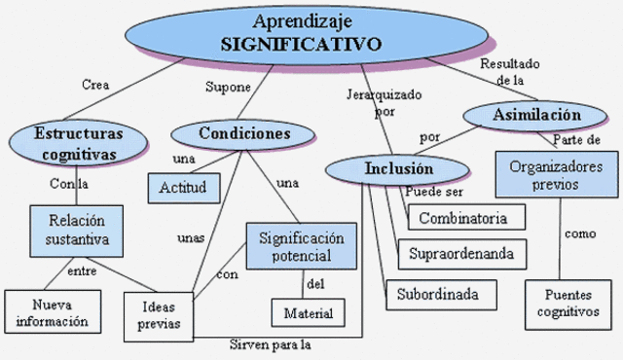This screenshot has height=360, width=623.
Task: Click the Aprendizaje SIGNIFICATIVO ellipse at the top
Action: pos(303,32)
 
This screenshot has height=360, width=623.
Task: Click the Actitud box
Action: pos(183,187)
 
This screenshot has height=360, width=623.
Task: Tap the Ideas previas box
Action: pos(158,313)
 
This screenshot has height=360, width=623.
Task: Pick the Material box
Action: pos(308,313)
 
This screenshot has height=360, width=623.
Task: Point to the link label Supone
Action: pos(228,87)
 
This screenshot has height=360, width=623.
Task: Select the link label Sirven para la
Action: pos(275,344)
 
